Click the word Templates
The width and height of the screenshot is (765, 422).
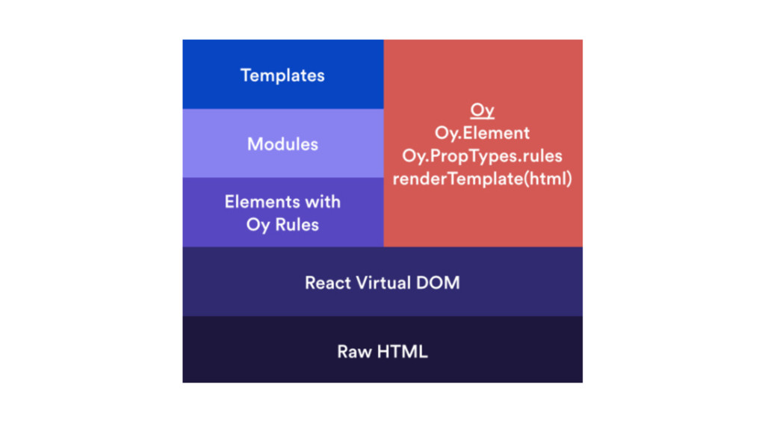282,75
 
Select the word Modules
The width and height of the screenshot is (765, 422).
282,143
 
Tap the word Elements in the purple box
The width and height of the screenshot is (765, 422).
258,202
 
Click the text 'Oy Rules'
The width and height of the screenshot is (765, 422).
282,225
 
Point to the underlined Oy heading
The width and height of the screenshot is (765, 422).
483,111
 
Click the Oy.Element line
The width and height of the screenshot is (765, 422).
483,133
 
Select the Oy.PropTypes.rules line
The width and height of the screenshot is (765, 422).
483,156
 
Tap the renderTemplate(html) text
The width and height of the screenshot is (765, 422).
483,179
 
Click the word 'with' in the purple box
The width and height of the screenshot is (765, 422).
320,202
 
